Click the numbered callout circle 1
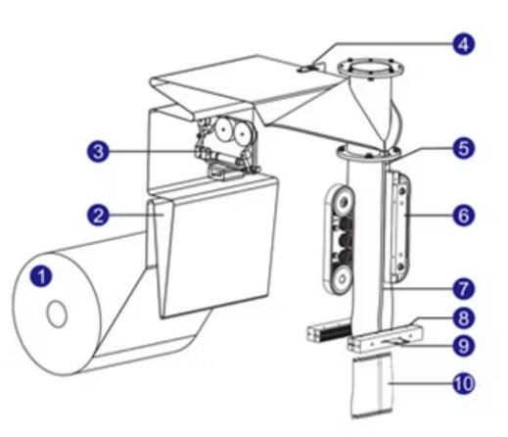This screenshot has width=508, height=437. pyautogui.click(x=41, y=276)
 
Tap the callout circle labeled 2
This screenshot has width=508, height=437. pyautogui.click(x=98, y=216)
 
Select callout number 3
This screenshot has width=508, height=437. pyautogui.click(x=98, y=152)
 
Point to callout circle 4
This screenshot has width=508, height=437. pyautogui.click(x=464, y=44)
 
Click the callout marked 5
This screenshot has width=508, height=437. pyautogui.click(x=464, y=149)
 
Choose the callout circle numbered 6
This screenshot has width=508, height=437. pyautogui.click(x=464, y=216)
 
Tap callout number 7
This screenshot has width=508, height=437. pyautogui.click(x=464, y=289)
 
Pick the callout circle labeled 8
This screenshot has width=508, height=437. pyautogui.click(x=464, y=317)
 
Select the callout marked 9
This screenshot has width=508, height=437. pyautogui.click(x=464, y=346)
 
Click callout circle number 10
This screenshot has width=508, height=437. pyautogui.click(x=464, y=383)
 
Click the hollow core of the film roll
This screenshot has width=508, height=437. pyautogui.click(x=57, y=314)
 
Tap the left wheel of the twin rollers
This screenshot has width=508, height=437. pyautogui.click(x=224, y=129)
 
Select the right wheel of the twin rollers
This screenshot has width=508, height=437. pyautogui.click(x=242, y=133)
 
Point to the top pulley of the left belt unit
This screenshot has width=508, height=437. pyautogui.click(x=343, y=203)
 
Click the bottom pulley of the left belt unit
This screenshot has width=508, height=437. pyautogui.click(x=342, y=279)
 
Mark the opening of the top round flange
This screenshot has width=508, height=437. pyautogui.click(x=370, y=69)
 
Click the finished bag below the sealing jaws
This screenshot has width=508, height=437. pyautogui.click(x=372, y=387)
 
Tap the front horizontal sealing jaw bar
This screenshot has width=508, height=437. pyautogui.click(x=386, y=340)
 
